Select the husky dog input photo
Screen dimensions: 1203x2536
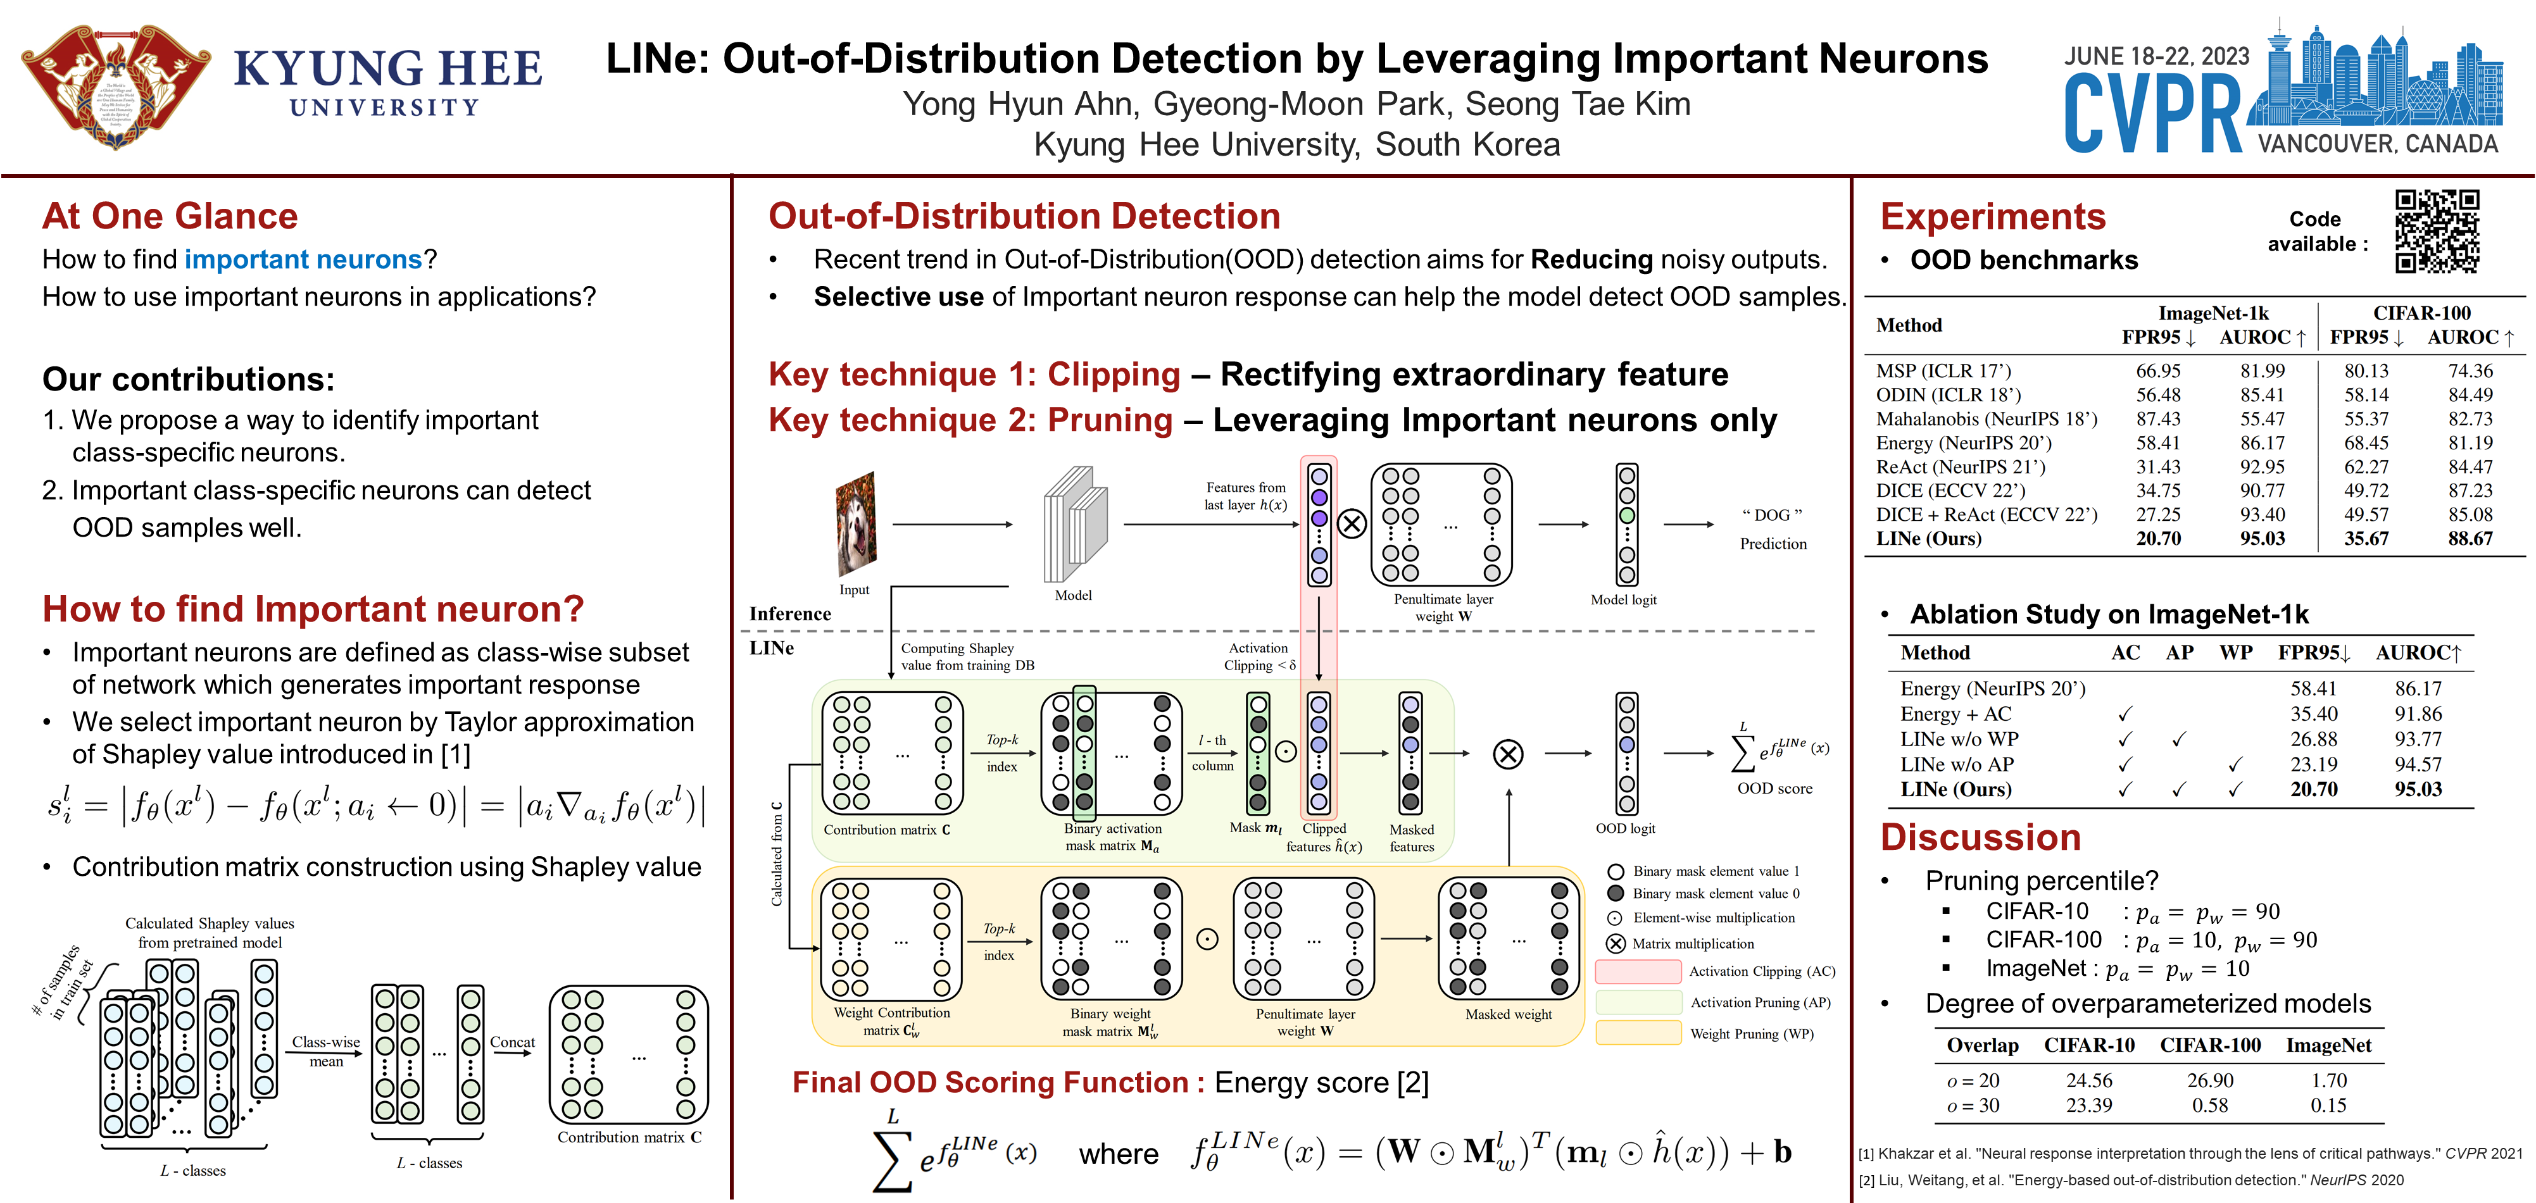click(x=855, y=524)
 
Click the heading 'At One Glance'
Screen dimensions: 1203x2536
click(x=169, y=216)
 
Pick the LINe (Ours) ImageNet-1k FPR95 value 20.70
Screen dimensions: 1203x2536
click(x=2158, y=539)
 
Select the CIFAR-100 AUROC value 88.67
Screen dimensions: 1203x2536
click(x=2470, y=539)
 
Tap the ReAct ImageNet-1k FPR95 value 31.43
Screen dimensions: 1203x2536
click(x=2158, y=466)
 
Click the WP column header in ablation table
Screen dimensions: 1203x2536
click(x=2236, y=652)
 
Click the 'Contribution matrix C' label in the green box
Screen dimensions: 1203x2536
click(x=886, y=830)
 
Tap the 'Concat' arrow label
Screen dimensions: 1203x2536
click(x=512, y=1042)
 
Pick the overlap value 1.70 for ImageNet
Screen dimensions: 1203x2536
click(x=2328, y=1080)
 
